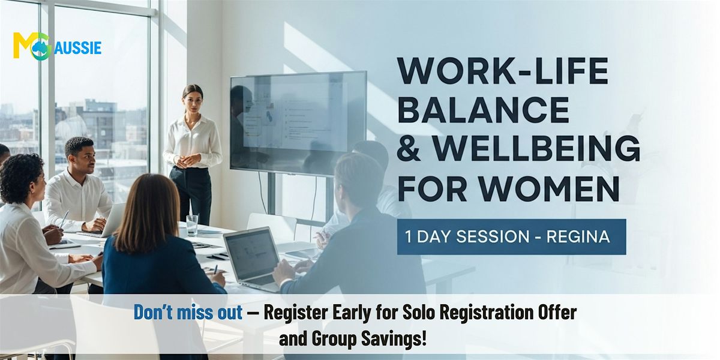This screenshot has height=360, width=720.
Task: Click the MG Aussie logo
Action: coord(57,47)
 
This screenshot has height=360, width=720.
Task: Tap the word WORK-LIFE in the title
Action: coord(503,71)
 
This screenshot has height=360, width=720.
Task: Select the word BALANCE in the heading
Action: coord(484,110)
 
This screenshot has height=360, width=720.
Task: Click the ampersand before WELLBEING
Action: coord(409,149)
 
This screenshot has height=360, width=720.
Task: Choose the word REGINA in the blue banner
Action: coord(578,237)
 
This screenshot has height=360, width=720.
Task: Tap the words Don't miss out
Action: coord(188,312)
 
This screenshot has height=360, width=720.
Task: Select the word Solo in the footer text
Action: coord(417,312)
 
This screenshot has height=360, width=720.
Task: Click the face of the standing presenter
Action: coord(193,100)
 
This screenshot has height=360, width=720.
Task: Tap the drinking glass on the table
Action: coord(192,226)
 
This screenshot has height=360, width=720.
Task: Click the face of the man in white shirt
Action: coord(83,158)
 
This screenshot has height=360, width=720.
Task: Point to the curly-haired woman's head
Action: coord(22,181)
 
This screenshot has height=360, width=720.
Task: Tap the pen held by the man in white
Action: coord(64,219)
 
